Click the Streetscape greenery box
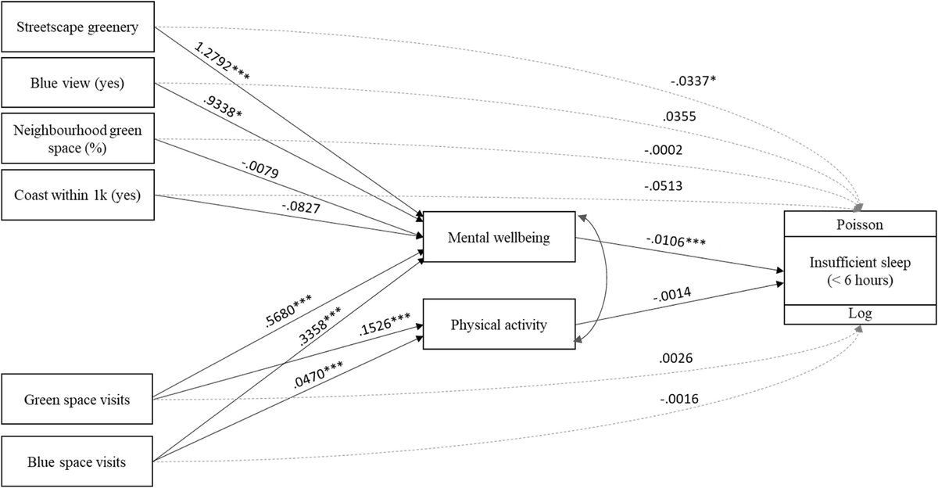tap(79, 28)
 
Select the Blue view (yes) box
tap(79, 83)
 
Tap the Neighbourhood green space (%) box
tap(79, 140)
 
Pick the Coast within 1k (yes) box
tap(79, 195)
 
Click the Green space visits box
tap(79, 400)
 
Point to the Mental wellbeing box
tap(498, 237)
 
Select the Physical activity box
tap(498, 322)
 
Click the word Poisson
tap(859, 224)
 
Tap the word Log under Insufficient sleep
tap(859, 313)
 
